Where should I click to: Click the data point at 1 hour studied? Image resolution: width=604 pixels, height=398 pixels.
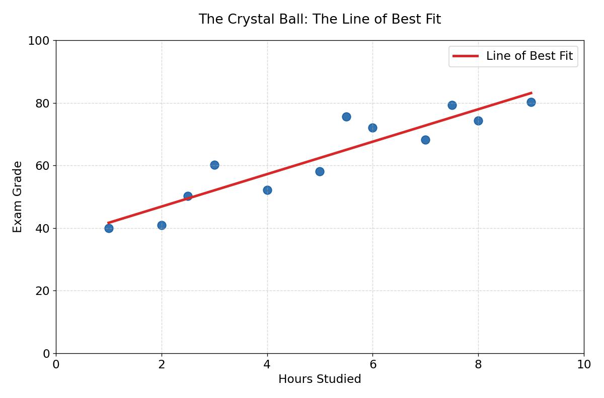(x=109, y=228)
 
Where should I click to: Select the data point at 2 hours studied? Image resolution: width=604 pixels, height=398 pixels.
(x=162, y=225)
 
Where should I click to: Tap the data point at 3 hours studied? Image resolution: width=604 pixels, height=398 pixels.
(x=214, y=165)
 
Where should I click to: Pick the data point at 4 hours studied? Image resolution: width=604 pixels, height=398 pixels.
(x=267, y=190)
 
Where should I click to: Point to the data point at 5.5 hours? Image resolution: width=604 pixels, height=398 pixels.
(x=346, y=117)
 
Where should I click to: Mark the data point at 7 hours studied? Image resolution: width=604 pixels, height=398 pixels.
(x=425, y=140)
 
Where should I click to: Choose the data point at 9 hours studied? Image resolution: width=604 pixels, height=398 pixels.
(x=531, y=102)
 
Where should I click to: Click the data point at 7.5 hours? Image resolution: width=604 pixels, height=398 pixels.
(x=452, y=105)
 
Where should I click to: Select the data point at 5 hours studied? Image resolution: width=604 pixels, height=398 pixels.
(x=320, y=171)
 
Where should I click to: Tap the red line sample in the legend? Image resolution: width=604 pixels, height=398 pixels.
(x=466, y=56)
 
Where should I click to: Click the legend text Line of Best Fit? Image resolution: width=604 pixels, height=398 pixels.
(x=529, y=56)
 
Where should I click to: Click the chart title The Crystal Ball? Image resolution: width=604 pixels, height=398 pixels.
(x=320, y=19)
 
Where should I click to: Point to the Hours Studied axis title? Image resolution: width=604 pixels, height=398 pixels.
(x=320, y=379)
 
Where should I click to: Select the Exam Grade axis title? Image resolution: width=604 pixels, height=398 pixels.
(x=18, y=196)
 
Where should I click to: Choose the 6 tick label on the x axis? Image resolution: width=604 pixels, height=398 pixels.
(x=372, y=364)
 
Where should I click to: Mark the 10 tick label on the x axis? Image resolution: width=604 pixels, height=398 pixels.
(x=584, y=364)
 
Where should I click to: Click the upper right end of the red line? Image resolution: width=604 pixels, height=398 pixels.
(x=531, y=93)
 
